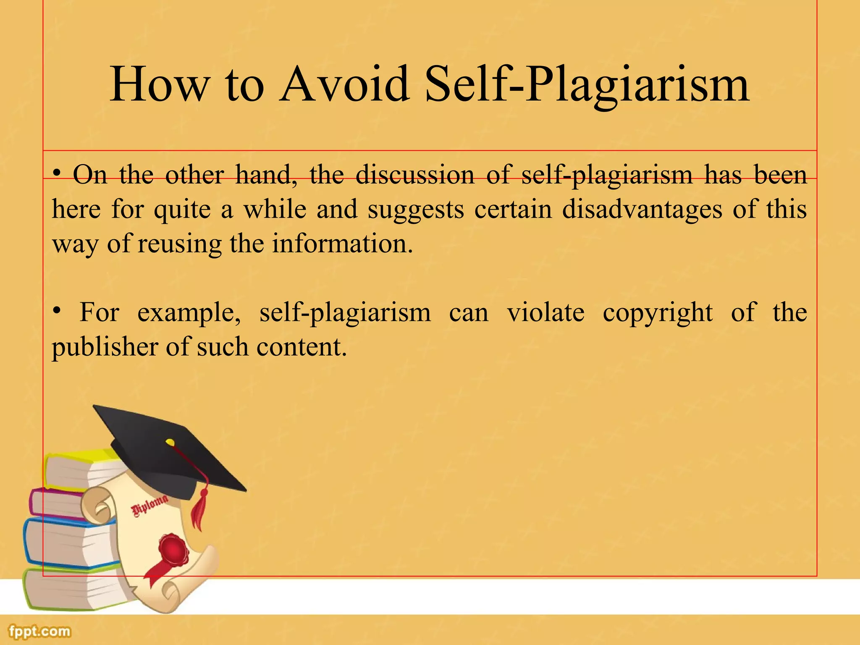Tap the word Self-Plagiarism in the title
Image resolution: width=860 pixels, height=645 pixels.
click(587, 86)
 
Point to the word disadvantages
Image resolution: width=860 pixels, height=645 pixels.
click(642, 209)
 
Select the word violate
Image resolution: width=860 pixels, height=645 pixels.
click(545, 313)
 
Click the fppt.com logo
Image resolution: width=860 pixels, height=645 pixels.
click(40, 631)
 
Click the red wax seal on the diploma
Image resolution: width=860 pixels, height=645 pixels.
click(172, 551)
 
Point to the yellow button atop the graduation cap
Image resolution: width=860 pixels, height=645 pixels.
click(170, 442)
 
